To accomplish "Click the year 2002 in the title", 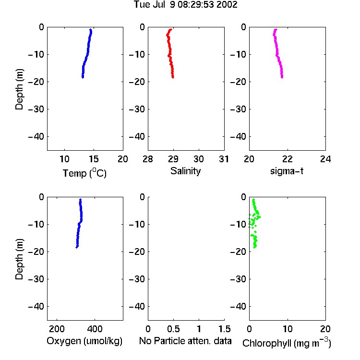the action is point(227,4).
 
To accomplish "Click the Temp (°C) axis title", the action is point(84,173).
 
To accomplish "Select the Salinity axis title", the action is point(185,171).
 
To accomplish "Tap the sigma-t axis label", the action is point(287,171).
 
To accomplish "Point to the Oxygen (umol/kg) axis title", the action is point(84,341).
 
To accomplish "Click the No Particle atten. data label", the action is point(185,341).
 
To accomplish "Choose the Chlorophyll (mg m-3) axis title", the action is point(287,342).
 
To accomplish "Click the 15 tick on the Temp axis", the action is point(94,159).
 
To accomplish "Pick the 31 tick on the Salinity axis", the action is point(224,159).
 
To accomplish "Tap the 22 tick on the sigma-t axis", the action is point(287,159).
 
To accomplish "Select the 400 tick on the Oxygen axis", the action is point(95,329).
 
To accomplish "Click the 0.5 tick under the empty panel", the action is point(173,329).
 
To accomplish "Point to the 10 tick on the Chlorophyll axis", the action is point(287,329).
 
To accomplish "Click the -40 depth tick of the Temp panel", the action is point(36,137).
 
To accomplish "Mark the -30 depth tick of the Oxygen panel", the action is point(36,279).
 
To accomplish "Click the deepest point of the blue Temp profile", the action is point(83,77).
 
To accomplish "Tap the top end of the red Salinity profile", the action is point(170,29).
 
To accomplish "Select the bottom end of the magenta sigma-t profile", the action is point(282,77).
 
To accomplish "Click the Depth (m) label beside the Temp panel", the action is point(19,89).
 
